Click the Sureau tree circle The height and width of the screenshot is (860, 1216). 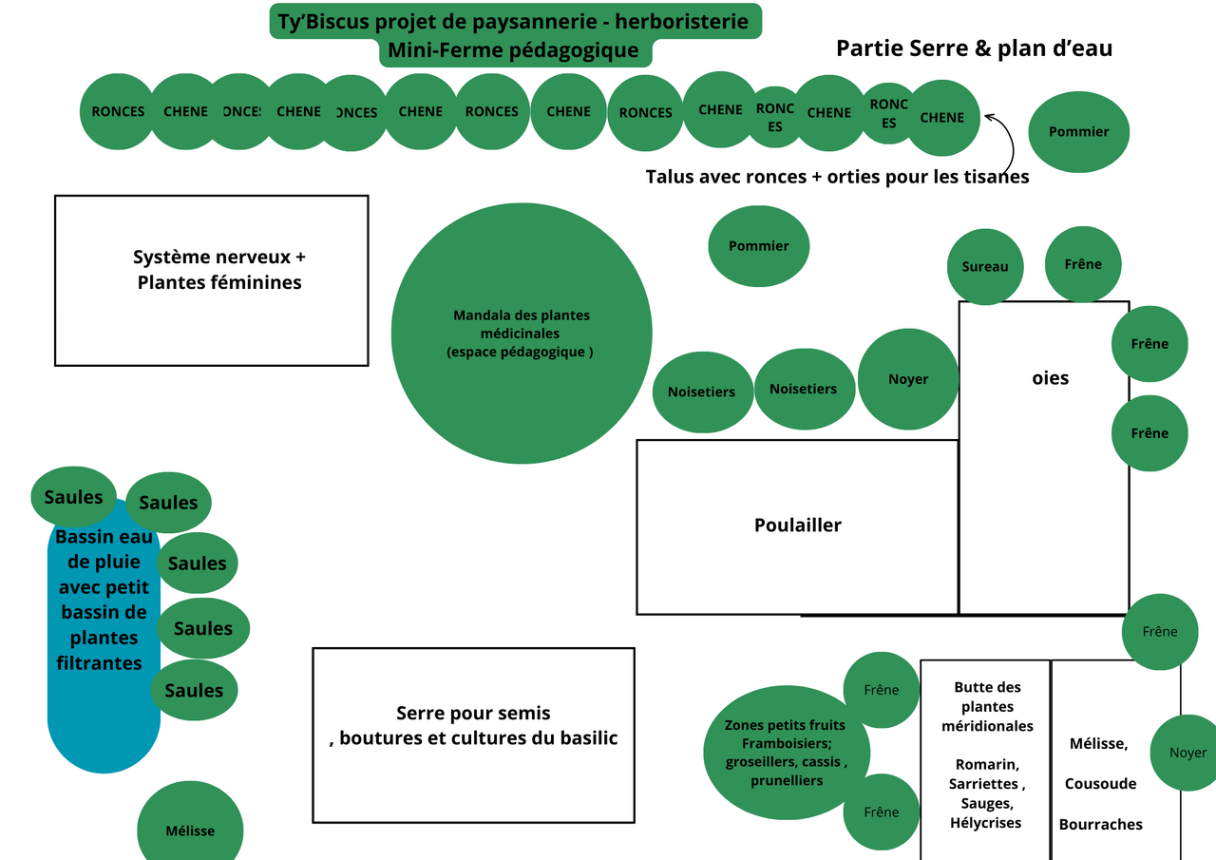click(x=985, y=267)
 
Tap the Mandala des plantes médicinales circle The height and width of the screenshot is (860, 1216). click(x=522, y=333)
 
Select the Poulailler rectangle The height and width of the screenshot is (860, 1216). click(x=797, y=526)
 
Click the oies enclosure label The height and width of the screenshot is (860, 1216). click(x=1050, y=378)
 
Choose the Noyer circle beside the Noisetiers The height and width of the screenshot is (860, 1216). click(x=908, y=379)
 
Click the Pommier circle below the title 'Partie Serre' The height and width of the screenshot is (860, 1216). click(x=1078, y=132)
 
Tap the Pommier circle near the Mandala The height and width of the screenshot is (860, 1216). click(x=758, y=246)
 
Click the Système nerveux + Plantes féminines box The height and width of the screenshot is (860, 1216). click(x=211, y=279)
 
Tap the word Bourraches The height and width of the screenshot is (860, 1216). click(x=1100, y=824)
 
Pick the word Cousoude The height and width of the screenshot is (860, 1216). click(x=1100, y=784)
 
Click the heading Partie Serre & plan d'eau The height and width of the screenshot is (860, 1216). click(x=974, y=48)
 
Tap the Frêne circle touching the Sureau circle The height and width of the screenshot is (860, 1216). click(x=1083, y=264)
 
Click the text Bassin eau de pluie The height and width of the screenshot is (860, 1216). click(x=104, y=549)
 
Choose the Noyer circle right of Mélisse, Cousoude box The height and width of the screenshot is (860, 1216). click(x=1187, y=753)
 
